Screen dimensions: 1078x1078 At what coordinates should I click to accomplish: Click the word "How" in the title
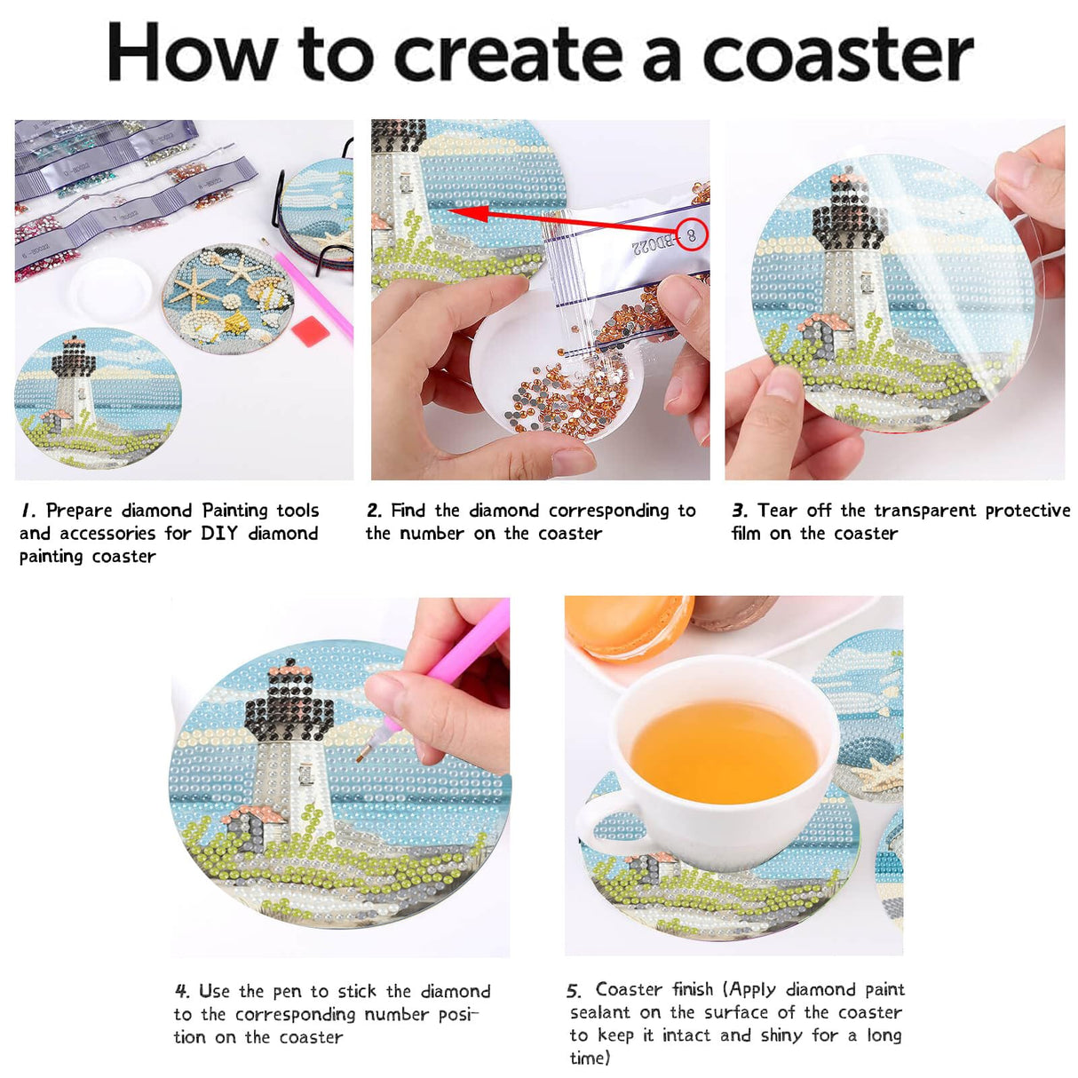(192, 53)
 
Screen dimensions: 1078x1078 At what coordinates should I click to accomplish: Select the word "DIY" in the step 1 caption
(218, 534)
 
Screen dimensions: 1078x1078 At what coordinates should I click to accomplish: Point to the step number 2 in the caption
(374, 511)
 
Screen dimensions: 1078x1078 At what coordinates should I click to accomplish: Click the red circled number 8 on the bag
(691, 235)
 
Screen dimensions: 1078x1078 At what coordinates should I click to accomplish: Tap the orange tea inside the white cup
(723, 751)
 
